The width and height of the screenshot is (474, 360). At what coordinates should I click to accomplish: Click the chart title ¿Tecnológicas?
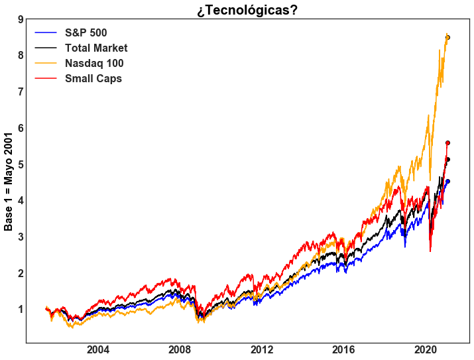pos(247,10)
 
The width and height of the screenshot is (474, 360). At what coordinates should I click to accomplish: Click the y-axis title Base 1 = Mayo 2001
pos(9,180)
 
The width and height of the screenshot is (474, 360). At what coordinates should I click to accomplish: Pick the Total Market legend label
pos(96,48)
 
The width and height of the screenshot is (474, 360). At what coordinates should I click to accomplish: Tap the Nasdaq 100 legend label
pos(94,64)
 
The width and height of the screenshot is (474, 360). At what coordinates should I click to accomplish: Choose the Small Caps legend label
pos(93,79)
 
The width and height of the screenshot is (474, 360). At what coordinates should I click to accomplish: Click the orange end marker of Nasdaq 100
pos(447,37)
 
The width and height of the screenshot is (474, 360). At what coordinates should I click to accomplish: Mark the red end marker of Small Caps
pos(448,143)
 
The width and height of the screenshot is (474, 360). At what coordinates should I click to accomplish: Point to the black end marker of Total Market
pos(448,159)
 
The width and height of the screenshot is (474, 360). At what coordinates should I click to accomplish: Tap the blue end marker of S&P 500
pos(448,181)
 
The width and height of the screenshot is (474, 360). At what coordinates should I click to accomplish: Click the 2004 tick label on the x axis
pos(98,350)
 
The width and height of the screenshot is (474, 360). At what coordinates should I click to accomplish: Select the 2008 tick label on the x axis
pos(180,350)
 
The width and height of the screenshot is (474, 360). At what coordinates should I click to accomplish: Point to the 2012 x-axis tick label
pos(262,350)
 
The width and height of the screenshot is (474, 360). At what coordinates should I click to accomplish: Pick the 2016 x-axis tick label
pos(343,350)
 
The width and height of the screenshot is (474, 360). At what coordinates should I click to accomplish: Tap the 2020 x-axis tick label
pos(425,350)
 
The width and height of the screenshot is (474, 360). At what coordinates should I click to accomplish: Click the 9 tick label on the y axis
pos(20,19)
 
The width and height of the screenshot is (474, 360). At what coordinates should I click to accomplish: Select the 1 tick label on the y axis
pos(20,310)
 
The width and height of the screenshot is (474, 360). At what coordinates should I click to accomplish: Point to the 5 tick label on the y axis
pos(20,164)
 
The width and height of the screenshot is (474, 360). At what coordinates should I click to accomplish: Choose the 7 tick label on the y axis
pos(20,91)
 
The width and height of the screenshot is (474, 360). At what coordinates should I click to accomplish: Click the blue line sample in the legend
pos(47,33)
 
